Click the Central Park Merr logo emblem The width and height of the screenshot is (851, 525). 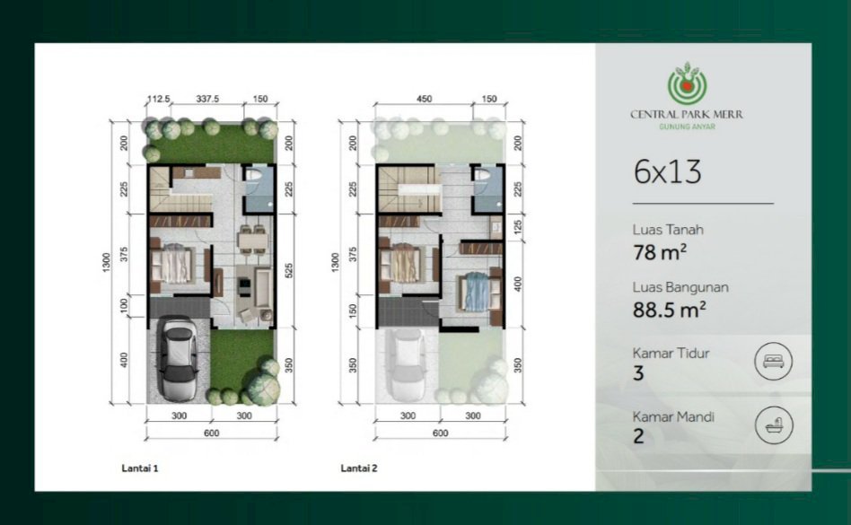(x=687, y=83)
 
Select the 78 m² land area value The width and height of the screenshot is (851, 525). (x=660, y=252)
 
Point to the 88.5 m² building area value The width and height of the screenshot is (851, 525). (x=669, y=309)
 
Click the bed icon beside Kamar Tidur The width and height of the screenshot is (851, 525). (x=773, y=361)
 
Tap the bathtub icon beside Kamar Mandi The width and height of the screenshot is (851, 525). (x=774, y=425)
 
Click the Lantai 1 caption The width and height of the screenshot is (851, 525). (x=140, y=468)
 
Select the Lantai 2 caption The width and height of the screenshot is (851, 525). (x=359, y=468)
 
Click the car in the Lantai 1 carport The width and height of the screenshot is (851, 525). (x=178, y=358)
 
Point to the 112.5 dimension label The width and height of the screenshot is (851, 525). (x=159, y=100)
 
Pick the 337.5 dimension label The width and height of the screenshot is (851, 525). (x=207, y=100)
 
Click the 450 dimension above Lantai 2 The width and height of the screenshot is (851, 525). (x=424, y=100)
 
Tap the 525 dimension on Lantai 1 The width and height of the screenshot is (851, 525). (x=289, y=271)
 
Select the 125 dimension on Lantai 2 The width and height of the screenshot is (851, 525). (x=518, y=226)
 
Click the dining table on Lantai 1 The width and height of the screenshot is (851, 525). (x=253, y=240)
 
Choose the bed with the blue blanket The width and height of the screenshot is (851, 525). (x=477, y=293)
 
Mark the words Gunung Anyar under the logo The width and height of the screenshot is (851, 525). (x=687, y=127)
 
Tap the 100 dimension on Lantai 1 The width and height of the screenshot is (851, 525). (x=124, y=305)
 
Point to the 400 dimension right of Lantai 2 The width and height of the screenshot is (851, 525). (x=518, y=284)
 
